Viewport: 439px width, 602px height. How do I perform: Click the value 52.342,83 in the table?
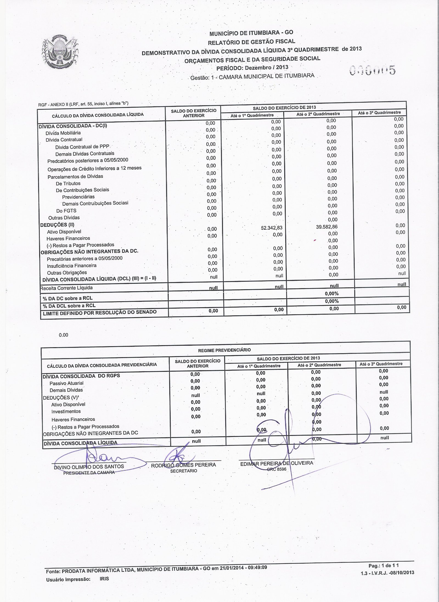pos(272,228)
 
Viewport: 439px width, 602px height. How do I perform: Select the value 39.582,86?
pos(327,227)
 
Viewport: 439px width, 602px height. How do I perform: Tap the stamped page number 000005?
pos(373,71)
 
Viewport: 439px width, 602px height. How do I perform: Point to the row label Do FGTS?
pos(66,211)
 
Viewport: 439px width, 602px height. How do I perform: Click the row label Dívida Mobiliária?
pos(63,133)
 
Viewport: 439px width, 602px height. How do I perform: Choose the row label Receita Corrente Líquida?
pos(66,288)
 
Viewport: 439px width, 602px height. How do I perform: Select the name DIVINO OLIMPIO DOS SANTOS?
pos(89,466)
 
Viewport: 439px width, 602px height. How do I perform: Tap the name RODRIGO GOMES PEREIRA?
pos(184,465)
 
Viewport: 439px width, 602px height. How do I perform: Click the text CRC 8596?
pos(277,469)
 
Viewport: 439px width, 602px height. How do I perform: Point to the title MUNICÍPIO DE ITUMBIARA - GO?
pos(251,33)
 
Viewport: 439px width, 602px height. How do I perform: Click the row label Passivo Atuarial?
pos(66,383)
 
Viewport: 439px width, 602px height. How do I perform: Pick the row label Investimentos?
pos(66,411)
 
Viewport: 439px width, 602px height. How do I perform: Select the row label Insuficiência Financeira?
pos(72,266)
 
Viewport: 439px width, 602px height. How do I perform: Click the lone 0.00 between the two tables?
pos(63,335)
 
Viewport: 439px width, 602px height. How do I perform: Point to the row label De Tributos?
pos(68,183)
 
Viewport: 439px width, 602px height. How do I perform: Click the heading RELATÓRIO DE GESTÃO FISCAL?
pos(251,42)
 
